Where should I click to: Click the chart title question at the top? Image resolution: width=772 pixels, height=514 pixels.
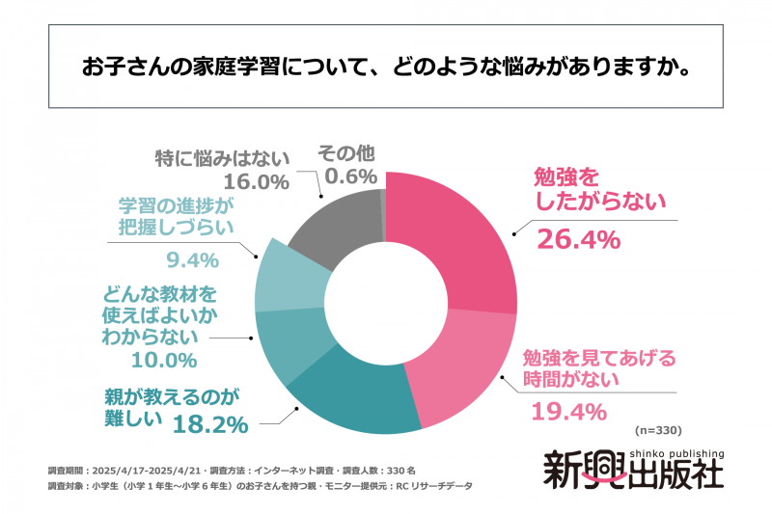click(385, 71)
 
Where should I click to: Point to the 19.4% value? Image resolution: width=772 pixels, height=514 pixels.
click(568, 412)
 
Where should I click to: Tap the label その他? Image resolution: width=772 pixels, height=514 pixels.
click(345, 153)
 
